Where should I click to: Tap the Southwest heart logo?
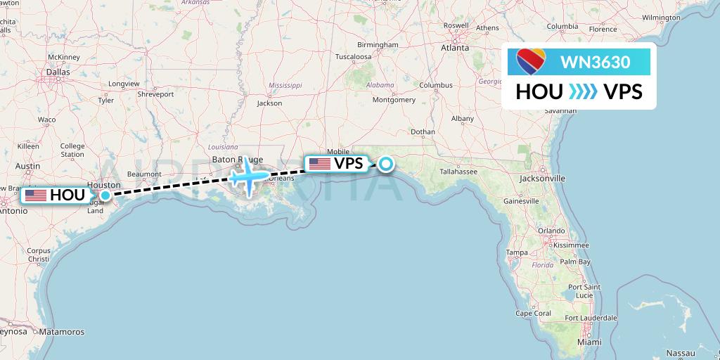point(531,62)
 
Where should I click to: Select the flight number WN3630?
point(595,62)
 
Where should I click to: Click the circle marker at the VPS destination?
point(386,164)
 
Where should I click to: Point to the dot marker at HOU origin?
point(105,195)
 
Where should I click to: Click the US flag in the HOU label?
point(35,195)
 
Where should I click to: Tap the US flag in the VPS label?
point(319,164)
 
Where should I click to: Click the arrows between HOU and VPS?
point(583,92)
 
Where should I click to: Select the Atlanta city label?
point(455,48)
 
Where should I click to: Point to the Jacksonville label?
point(543,179)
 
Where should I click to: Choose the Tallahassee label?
point(458,171)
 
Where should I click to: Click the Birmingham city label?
point(377,45)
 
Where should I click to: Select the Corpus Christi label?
point(38,255)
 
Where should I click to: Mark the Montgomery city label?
point(394,100)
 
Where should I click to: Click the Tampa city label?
point(517,252)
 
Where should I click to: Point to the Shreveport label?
point(155,94)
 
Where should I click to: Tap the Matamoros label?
point(61,332)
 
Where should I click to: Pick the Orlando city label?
point(552,231)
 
